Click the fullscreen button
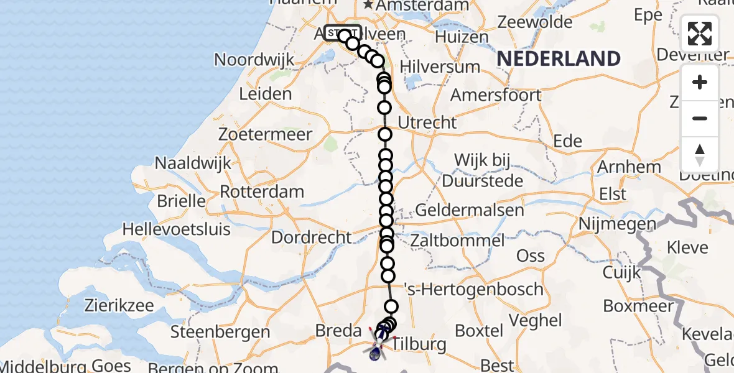[700, 33]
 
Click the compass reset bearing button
[700, 154]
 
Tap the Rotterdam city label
[262, 191]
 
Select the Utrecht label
[427, 122]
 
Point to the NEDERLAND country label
[559, 58]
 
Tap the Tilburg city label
[420, 344]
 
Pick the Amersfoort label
[496, 95]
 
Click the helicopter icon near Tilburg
[378, 345]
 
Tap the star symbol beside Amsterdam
[369, 5]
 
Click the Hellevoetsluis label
[176, 229]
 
